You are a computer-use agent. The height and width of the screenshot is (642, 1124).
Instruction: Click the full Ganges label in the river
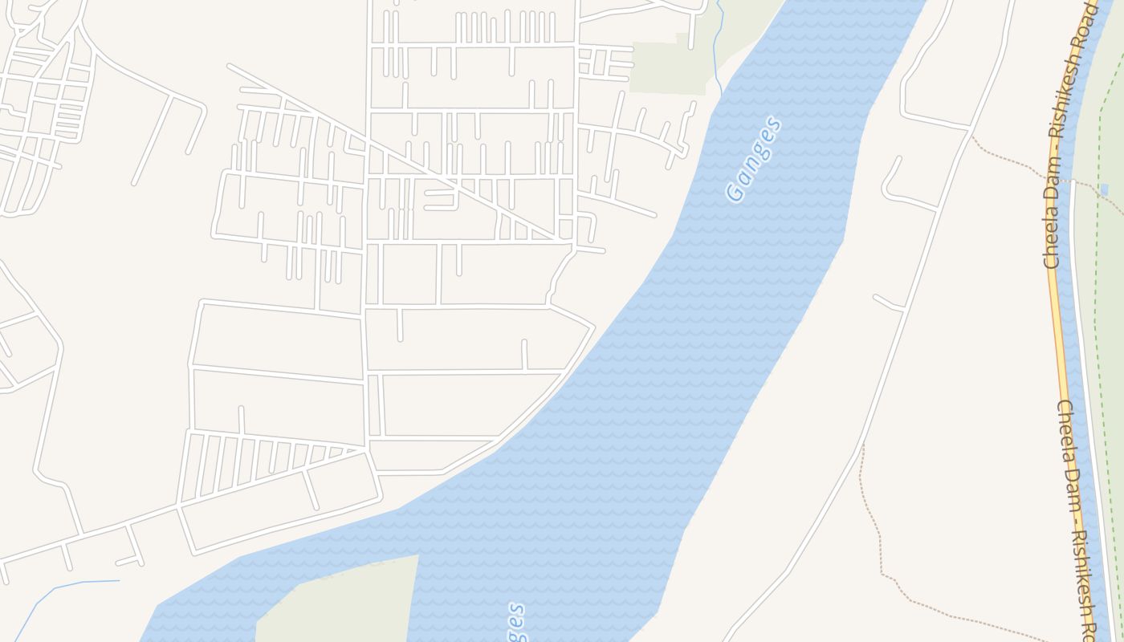point(752,159)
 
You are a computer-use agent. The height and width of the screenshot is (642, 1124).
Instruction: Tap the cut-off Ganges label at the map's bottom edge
point(516,623)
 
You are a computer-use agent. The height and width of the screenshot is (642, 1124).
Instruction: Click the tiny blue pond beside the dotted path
point(1106,190)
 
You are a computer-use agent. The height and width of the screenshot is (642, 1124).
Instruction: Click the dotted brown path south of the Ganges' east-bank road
point(875,530)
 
